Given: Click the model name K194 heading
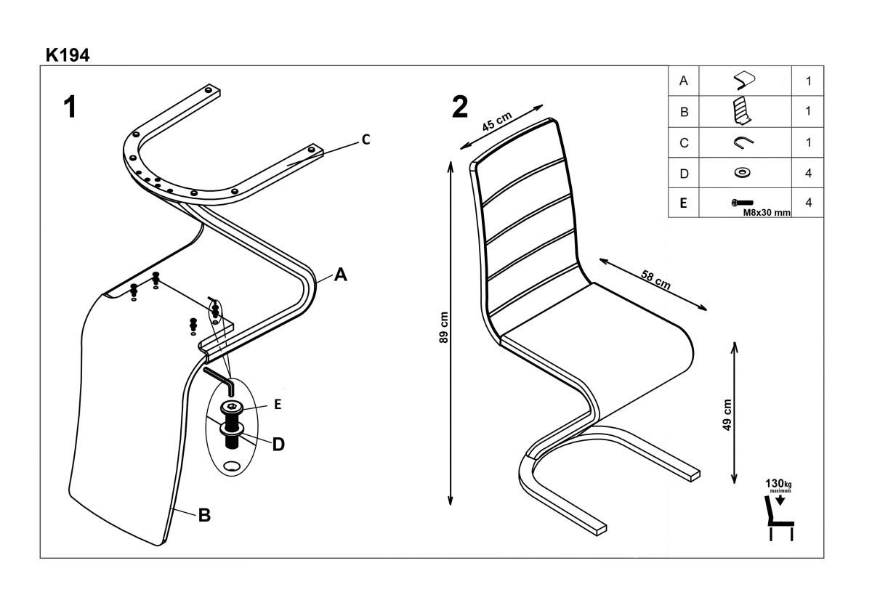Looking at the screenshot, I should click(x=68, y=55).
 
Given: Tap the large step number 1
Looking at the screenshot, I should click(x=70, y=108).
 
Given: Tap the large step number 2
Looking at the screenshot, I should click(x=460, y=108).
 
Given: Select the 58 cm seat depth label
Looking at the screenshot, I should click(x=655, y=279).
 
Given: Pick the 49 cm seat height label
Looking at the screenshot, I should click(x=728, y=415).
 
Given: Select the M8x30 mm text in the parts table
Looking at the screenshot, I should click(x=767, y=213).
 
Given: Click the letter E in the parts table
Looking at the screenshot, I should click(x=683, y=203).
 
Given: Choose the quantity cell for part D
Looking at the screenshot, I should click(x=808, y=174).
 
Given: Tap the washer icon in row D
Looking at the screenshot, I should click(x=742, y=173).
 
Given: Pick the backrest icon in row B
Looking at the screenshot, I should click(x=741, y=111).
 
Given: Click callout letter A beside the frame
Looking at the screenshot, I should click(x=341, y=275).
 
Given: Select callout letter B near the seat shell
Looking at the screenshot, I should click(x=204, y=515).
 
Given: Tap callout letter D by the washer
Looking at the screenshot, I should click(x=278, y=444).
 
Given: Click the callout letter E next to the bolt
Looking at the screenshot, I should click(x=278, y=405).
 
